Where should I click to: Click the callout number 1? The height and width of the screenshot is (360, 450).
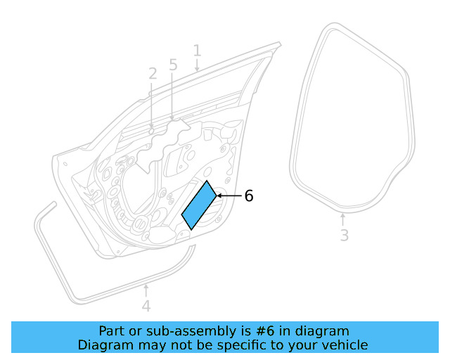[x=197, y=51]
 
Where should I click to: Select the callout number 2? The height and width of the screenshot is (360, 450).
[x=153, y=73]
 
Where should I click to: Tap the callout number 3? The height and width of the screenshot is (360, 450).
[x=344, y=236]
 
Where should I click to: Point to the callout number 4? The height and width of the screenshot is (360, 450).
[x=146, y=307]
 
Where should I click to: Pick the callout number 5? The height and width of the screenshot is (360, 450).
[x=173, y=65]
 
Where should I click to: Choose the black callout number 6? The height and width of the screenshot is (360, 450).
[x=248, y=196]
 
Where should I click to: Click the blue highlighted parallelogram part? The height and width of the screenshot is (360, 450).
[x=199, y=205]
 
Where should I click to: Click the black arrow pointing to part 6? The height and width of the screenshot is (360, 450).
[x=229, y=195]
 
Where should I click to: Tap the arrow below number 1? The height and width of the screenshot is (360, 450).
[x=197, y=65]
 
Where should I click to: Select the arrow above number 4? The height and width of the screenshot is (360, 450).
[x=146, y=290]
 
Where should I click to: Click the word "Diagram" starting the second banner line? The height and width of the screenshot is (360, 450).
[x=105, y=345]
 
